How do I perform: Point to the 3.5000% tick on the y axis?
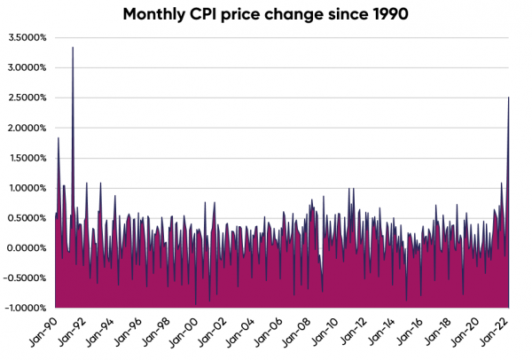[27, 37]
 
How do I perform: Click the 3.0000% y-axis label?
[27, 67]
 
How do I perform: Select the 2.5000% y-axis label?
[27, 98]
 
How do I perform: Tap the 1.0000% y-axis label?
[27, 188]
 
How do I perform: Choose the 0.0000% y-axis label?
[27, 248]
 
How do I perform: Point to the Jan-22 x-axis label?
[493, 333]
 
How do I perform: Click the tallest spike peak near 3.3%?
[73, 48]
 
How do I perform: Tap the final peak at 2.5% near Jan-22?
[508, 98]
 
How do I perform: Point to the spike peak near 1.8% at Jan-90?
[59, 138]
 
